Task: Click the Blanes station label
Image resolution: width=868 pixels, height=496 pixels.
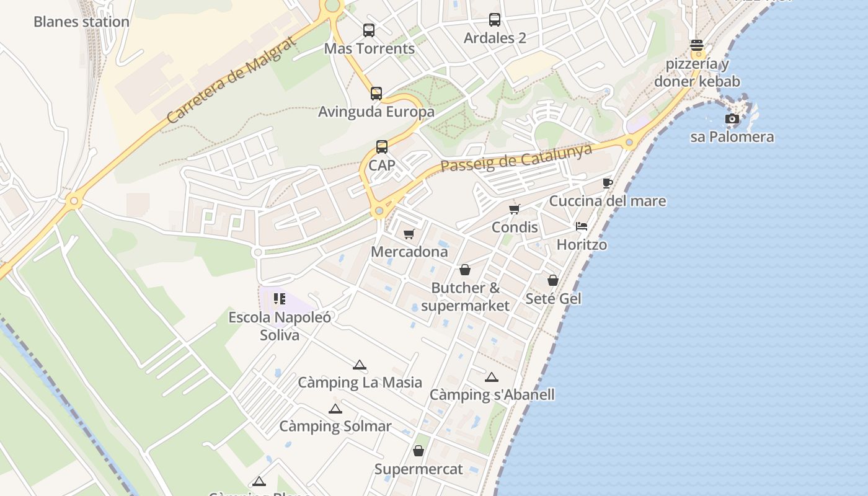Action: pyautogui.click(x=81, y=22)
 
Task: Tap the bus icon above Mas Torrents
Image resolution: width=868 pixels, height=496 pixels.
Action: pyautogui.click(x=369, y=30)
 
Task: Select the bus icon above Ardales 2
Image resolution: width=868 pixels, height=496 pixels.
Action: pyautogui.click(x=495, y=20)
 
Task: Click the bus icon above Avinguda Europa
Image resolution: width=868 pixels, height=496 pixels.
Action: pyautogui.click(x=376, y=94)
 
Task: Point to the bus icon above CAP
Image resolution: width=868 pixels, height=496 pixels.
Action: pyautogui.click(x=382, y=147)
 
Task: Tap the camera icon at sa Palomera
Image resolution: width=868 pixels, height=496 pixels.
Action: pyautogui.click(x=732, y=118)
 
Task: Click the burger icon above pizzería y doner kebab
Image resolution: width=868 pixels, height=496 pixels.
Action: pyautogui.click(x=697, y=45)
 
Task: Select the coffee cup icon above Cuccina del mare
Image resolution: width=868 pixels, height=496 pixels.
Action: pyautogui.click(x=608, y=183)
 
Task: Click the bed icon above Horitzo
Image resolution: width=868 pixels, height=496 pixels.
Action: pyautogui.click(x=582, y=226)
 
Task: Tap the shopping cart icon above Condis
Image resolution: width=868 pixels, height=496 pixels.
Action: pyautogui.click(x=515, y=209)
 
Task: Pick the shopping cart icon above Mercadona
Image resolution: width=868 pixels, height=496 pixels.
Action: pyautogui.click(x=409, y=234)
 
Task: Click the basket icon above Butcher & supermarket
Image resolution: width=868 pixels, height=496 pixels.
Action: pyautogui.click(x=465, y=270)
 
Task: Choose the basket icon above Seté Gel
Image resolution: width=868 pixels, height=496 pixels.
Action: pyautogui.click(x=553, y=280)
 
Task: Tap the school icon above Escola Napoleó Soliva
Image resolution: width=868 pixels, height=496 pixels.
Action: pyautogui.click(x=280, y=299)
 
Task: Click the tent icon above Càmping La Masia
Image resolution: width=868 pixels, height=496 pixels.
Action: pyautogui.click(x=360, y=365)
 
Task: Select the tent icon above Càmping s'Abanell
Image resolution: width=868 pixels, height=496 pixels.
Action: pyautogui.click(x=492, y=376)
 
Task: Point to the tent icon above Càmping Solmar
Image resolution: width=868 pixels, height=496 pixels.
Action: pyautogui.click(x=335, y=409)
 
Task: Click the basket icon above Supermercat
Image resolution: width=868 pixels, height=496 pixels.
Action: pyautogui.click(x=418, y=451)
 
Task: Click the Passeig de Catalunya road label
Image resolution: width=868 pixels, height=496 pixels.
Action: pyautogui.click(x=516, y=157)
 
